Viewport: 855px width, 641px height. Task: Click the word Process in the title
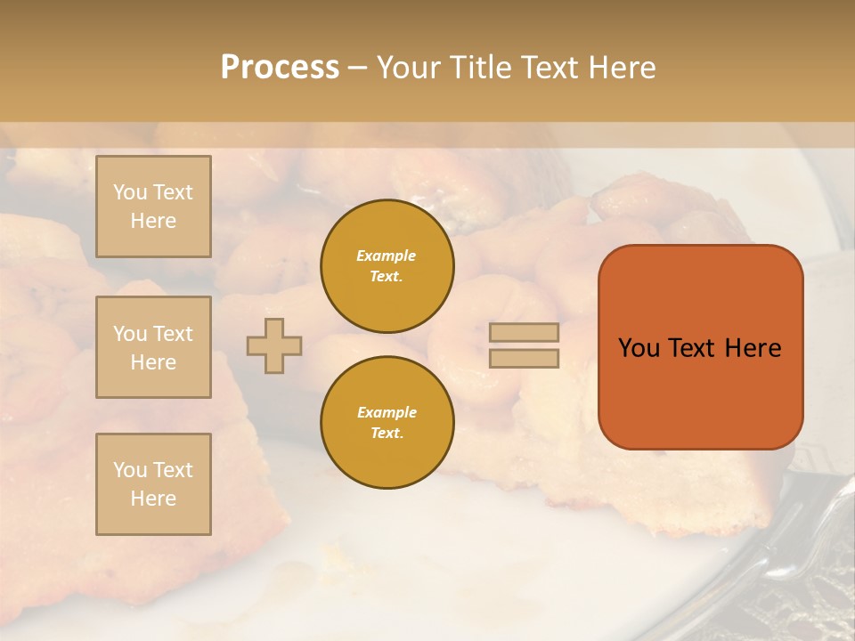click(x=280, y=68)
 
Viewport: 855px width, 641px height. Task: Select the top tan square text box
click(x=153, y=207)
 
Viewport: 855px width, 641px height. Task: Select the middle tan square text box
click(x=153, y=347)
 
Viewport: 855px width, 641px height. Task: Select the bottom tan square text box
click(x=153, y=484)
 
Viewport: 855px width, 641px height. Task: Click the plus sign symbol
click(x=274, y=345)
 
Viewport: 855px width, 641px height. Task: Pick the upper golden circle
click(x=387, y=266)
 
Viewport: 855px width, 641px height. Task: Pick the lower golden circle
click(x=387, y=423)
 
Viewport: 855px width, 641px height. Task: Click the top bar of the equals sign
click(x=524, y=333)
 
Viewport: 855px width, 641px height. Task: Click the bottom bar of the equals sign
click(x=524, y=358)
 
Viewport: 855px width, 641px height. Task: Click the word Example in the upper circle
click(x=387, y=256)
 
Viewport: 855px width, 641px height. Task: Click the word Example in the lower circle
click(x=387, y=412)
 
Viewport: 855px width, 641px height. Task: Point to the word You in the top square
click(x=130, y=192)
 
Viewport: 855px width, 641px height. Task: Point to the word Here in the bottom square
click(x=153, y=499)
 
